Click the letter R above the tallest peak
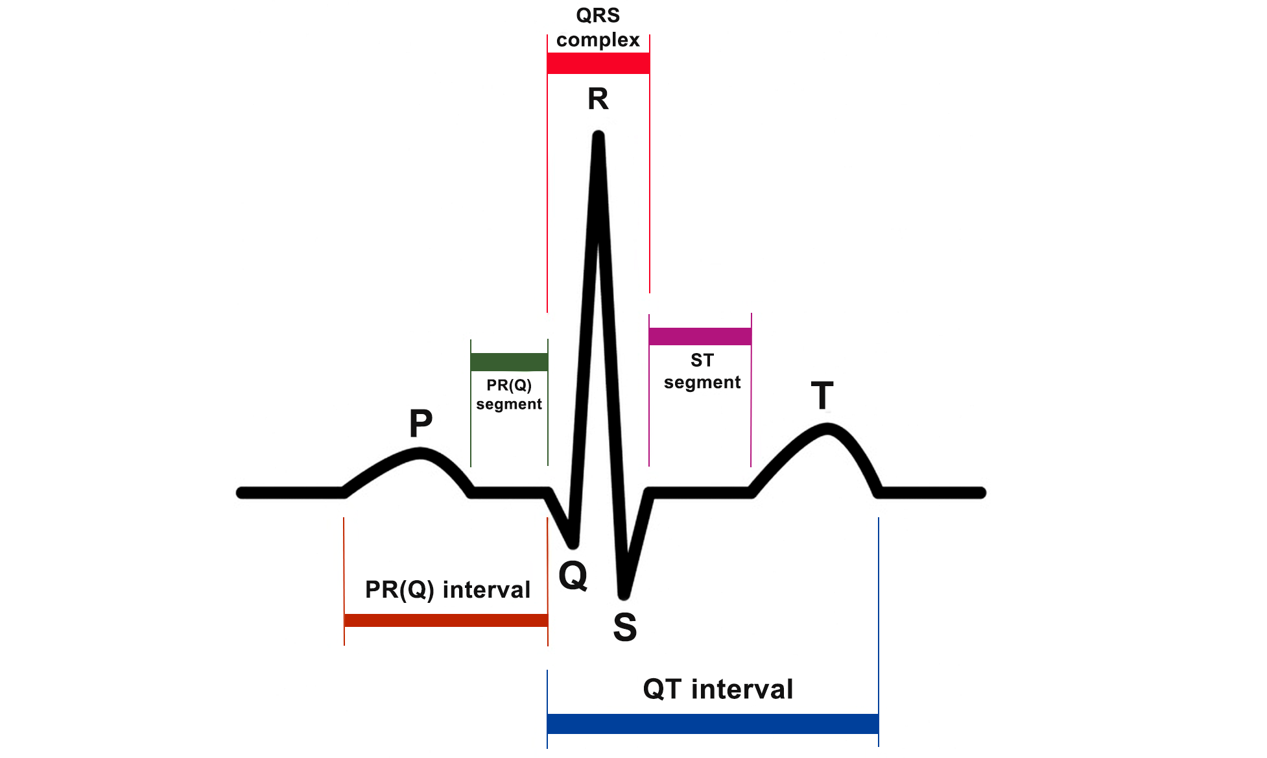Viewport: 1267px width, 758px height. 598,99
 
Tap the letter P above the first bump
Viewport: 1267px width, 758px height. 421,423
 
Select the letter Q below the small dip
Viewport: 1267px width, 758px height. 573,575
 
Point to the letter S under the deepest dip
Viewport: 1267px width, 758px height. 625,627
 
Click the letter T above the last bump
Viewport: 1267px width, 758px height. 822,395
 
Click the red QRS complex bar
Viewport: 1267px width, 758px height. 598,63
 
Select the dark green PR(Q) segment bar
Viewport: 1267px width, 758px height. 509,361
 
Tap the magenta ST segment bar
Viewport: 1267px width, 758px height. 700,336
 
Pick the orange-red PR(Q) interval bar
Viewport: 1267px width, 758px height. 446,620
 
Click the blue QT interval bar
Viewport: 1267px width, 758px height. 713,723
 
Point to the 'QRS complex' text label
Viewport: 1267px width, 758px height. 598,28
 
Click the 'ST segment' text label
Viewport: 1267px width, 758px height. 702,371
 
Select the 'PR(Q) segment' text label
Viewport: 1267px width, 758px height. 509,395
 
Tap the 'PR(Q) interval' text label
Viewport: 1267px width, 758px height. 447,590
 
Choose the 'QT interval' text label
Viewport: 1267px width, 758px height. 718,689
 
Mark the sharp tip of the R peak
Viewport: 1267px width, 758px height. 598,136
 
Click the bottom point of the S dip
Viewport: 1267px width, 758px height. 624,593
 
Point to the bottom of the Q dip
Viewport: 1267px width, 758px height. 573,543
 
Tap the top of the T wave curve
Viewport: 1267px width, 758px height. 826,429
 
